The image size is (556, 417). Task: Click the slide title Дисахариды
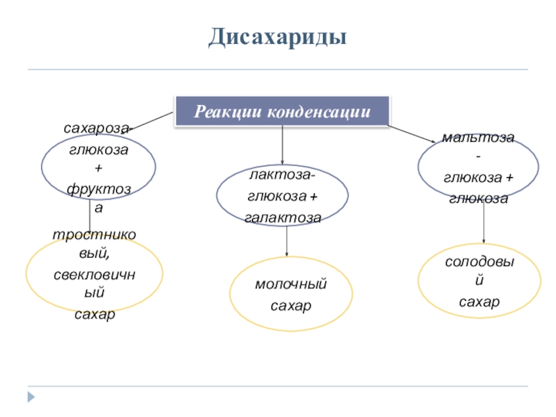278,37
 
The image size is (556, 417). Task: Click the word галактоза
282,218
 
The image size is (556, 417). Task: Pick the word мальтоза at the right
478,138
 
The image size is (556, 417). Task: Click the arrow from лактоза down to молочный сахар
287,240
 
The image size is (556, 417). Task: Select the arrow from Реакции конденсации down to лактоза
282,146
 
